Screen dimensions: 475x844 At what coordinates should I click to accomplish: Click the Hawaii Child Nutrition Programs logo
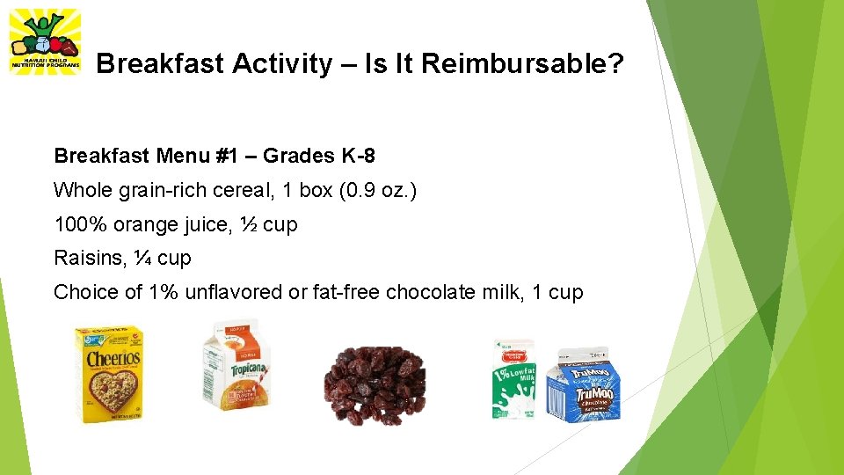click(x=44, y=41)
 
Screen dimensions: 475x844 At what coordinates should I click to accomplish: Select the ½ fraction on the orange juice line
click(x=248, y=224)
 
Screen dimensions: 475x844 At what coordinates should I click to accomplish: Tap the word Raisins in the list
click(x=85, y=259)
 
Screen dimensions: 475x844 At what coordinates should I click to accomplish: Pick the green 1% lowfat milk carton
click(x=513, y=379)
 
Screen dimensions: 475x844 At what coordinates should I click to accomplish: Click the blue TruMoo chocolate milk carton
click(x=583, y=387)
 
